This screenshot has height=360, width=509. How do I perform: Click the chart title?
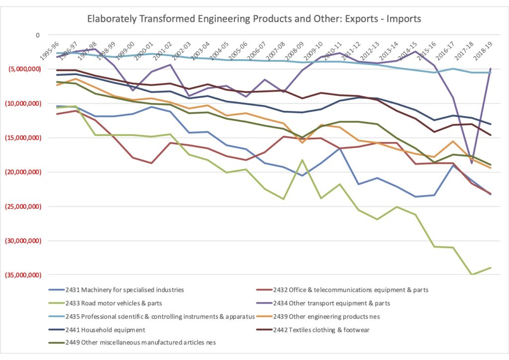point(254,19)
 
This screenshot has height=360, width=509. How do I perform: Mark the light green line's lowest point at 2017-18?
point(472,274)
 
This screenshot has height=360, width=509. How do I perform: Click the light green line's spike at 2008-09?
point(302,160)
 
